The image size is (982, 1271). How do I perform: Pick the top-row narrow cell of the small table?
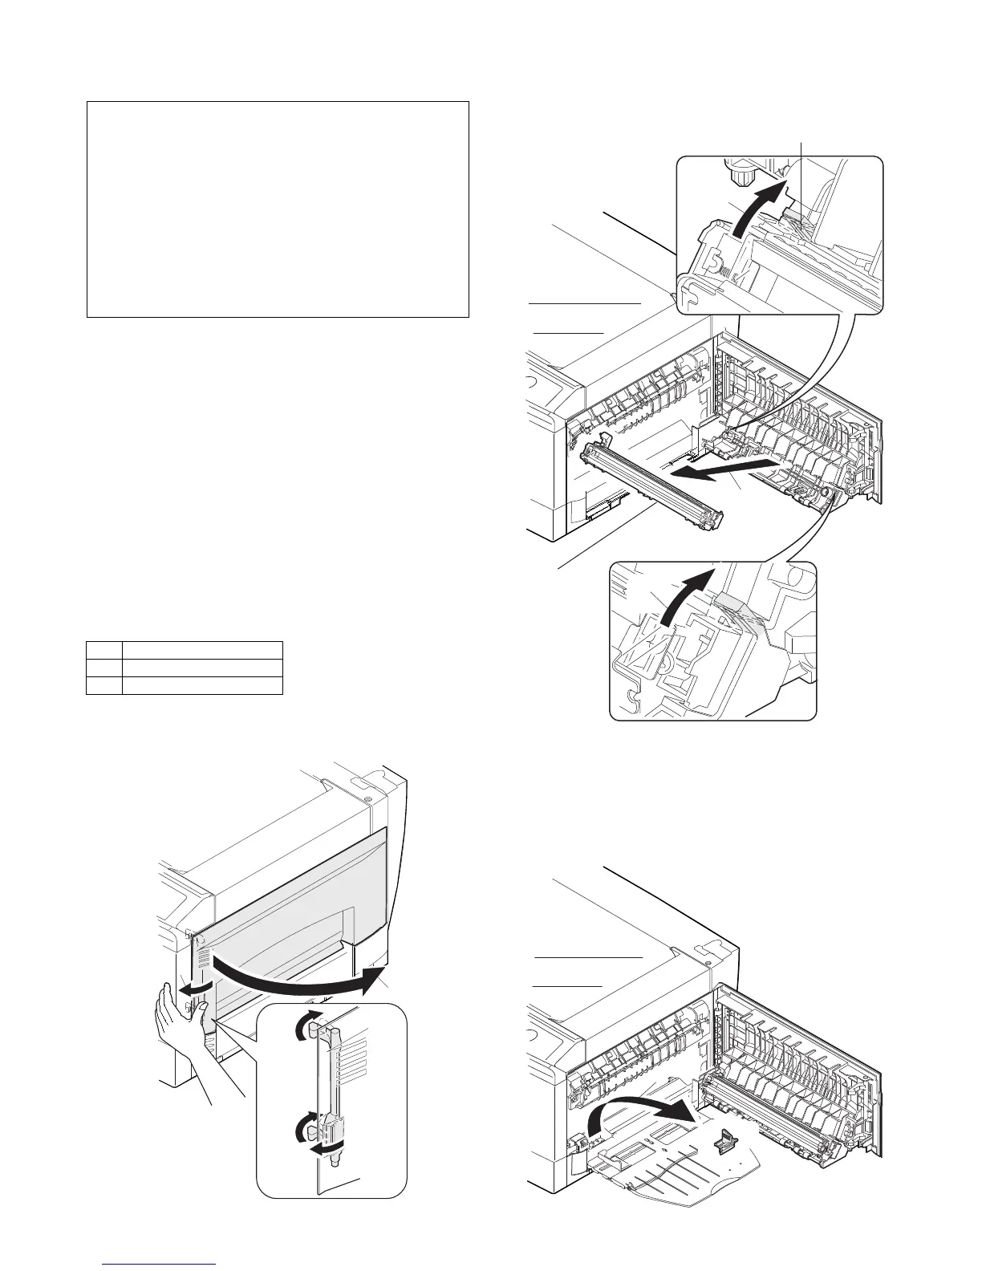pos(104,650)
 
